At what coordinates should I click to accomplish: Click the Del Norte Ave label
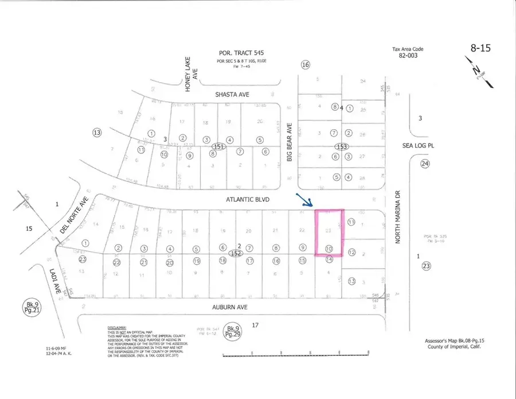point(72,216)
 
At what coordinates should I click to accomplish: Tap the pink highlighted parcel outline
point(329,233)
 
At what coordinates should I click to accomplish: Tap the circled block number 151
point(217,147)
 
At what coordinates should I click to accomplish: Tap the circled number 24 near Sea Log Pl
point(425,164)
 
